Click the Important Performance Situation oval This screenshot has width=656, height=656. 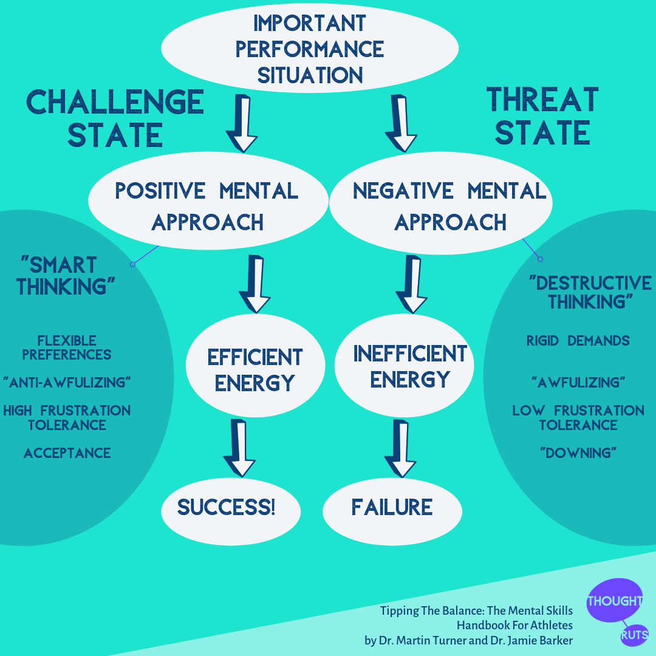click(x=310, y=49)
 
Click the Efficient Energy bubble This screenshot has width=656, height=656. click(x=255, y=369)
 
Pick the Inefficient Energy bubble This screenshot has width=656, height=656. click(x=404, y=366)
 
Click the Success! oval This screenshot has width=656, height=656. click(x=231, y=508)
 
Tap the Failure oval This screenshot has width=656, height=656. click(x=392, y=508)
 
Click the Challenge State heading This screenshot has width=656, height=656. click(x=115, y=118)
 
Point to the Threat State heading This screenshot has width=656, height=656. click(x=542, y=115)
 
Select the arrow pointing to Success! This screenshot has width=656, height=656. click(x=241, y=448)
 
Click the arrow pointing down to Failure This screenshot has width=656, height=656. click(x=401, y=448)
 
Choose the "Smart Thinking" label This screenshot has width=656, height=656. click(x=67, y=275)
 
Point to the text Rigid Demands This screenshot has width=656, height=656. click(x=578, y=341)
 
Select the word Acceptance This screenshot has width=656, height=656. click(x=67, y=453)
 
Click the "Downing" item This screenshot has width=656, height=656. click(x=578, y=453)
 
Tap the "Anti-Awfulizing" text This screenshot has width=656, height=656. click(x=67, y=383)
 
